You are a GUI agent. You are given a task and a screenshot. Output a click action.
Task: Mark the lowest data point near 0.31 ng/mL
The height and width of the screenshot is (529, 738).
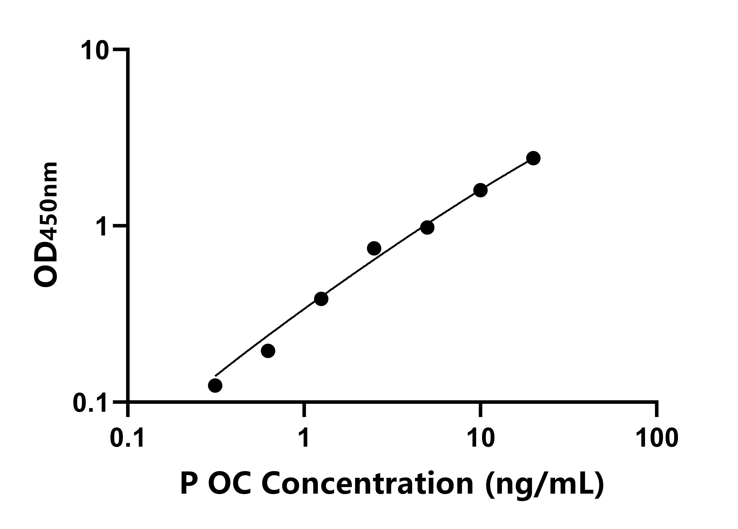pyautogui.click(x=215, y=386)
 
